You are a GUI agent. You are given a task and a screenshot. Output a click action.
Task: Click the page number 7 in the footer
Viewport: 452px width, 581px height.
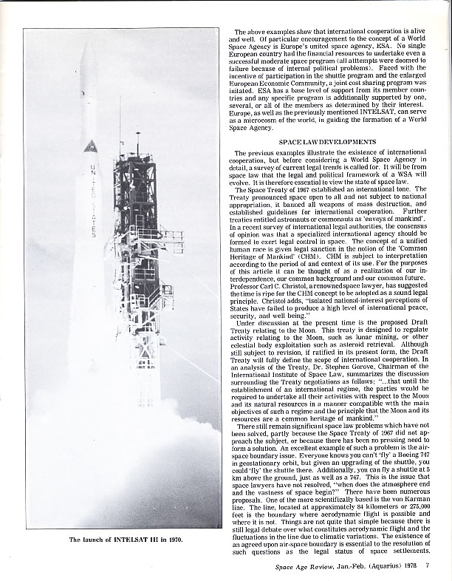[x=428, y=568]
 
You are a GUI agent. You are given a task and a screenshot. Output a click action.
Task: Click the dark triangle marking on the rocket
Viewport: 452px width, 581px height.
[x=91, y=146]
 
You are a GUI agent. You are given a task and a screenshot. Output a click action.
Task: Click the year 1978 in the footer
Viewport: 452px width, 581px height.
[x=408, y=568]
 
